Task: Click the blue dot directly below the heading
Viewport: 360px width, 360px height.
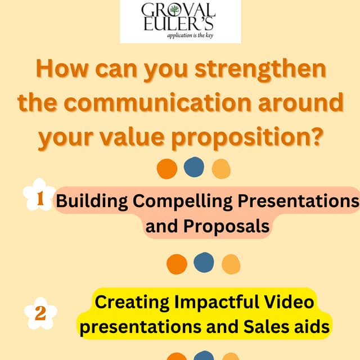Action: point(193,166)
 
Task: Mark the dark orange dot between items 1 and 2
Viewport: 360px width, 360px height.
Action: point(177,263)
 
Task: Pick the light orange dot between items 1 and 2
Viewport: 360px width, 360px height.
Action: point(231,263)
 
